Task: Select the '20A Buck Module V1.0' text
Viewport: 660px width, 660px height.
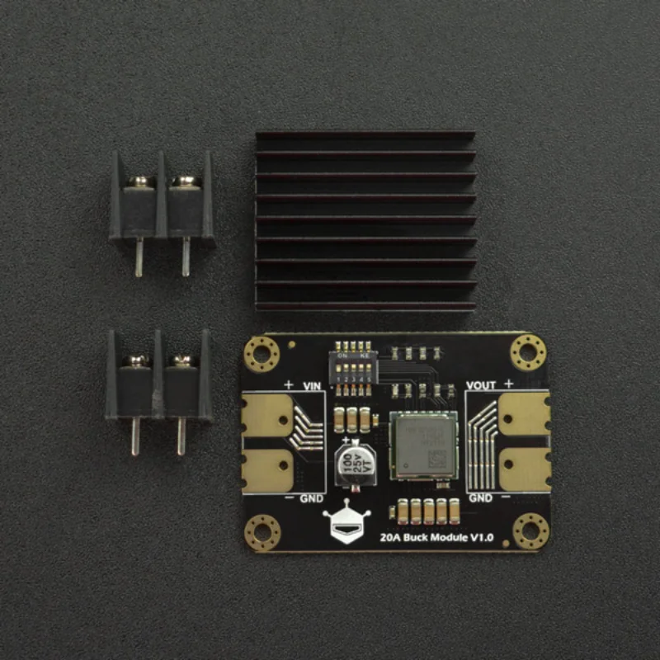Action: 437,537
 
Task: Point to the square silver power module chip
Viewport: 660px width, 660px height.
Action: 423,445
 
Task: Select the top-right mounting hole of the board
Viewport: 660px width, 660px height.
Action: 528,353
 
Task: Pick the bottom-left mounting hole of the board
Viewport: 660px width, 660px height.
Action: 263,531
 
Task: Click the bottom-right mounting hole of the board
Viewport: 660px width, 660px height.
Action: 530,530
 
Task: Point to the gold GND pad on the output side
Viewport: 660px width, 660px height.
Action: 525,469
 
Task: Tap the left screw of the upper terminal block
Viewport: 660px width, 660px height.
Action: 140,181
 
